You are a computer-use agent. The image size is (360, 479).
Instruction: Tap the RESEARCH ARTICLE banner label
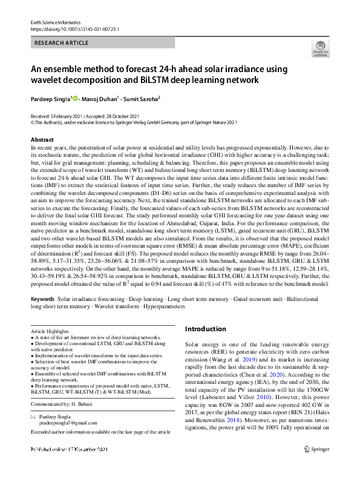[62, 43]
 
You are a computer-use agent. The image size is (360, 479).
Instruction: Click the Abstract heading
[42, 140]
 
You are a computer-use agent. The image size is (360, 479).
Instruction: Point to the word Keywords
[43, 300]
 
